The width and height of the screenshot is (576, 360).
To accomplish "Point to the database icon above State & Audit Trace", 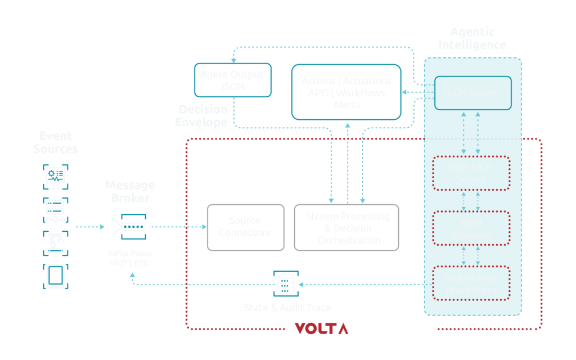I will tap(285, 283).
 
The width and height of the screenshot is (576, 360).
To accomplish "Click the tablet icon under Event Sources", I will tap(55, 276).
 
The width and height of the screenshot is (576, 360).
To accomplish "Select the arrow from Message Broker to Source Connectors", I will tap(177, 227).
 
